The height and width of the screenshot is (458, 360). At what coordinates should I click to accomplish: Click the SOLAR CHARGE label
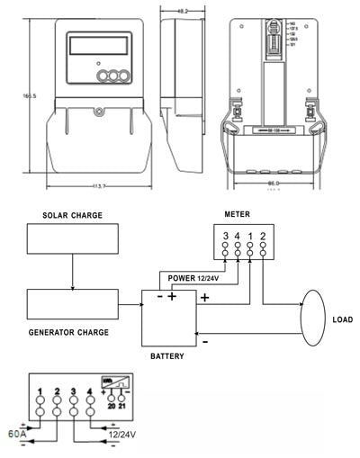point(73,216)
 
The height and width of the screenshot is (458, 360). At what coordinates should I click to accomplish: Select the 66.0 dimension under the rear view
point(273,184)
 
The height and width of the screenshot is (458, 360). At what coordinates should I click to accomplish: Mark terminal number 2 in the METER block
point(263,236)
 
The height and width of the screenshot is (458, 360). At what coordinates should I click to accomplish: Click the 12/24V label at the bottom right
point(125,436)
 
